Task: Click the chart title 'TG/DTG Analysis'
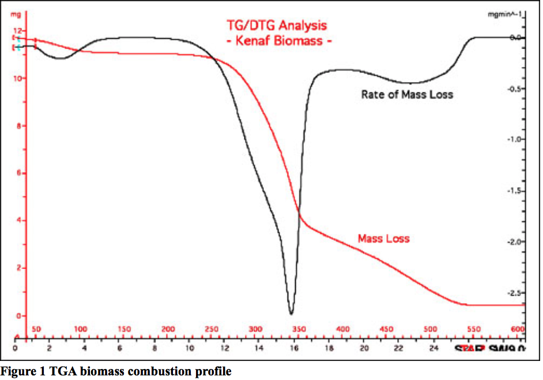(x=276, y=25)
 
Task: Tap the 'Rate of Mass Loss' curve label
(x=407, y=94)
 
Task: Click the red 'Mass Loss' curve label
(x=383, y=238)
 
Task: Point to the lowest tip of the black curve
(x=292, y=314)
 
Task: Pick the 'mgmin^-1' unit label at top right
(x=505, y=15)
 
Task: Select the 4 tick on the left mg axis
(x=18, y=221)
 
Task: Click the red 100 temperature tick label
(x=80, y=329)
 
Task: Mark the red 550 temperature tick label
(x=474, y=329)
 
